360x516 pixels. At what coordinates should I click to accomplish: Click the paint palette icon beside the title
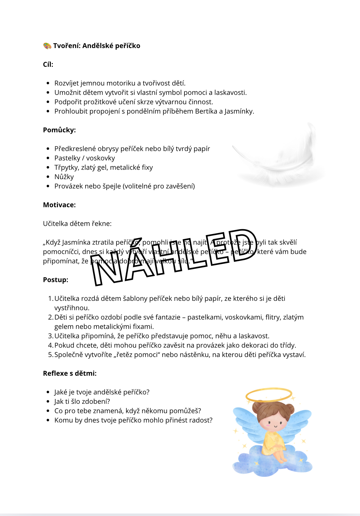point(47,46)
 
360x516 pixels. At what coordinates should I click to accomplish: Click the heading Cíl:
point(48,64)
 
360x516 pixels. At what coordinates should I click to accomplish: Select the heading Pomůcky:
point(59,130)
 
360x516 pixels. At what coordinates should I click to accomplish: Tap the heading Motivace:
point(59,205)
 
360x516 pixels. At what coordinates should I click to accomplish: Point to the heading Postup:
point(56,280)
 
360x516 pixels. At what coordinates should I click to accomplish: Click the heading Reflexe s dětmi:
point(70,373)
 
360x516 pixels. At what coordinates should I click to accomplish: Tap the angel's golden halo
point(269,395)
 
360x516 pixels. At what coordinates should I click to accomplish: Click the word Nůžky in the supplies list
point(64,177)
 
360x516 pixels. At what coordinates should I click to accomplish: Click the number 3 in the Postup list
point(50,336)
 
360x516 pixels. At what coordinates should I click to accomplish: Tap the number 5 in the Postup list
point(50,355)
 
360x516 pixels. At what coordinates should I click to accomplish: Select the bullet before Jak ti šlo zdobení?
point(48,401)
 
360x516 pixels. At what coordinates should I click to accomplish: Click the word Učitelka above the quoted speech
point(56,224)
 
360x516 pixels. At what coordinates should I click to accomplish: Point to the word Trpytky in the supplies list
point(66,167)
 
